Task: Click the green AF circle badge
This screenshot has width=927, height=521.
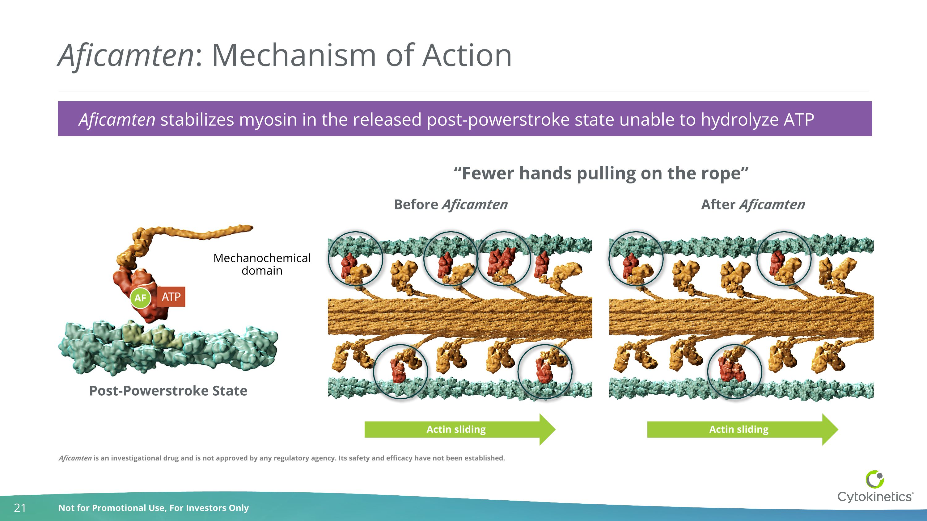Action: (140, 298)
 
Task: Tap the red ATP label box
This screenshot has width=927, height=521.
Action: (171, 297)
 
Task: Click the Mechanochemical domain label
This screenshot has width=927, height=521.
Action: (262, 264)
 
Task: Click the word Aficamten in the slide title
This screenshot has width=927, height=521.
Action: (126, 55)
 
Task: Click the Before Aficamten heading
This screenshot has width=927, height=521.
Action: (451, 204)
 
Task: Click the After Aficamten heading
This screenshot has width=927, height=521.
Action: (753, 204)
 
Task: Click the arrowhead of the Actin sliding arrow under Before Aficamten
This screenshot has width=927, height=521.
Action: (547, 429)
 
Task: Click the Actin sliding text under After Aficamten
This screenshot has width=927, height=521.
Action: (739, 429)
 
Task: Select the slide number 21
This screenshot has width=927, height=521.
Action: (20, 508)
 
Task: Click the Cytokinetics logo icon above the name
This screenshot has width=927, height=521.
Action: (874, 479)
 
